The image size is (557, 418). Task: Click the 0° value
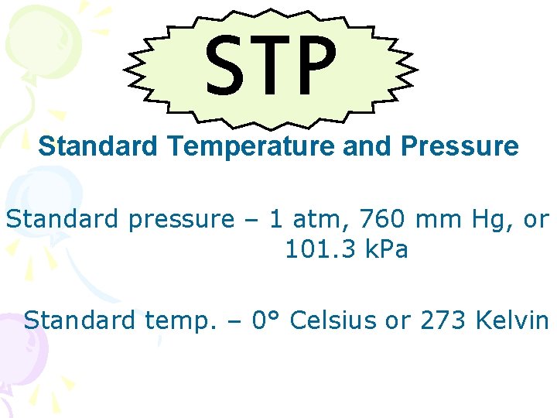(268, 319)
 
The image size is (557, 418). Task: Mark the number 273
(443, 319)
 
